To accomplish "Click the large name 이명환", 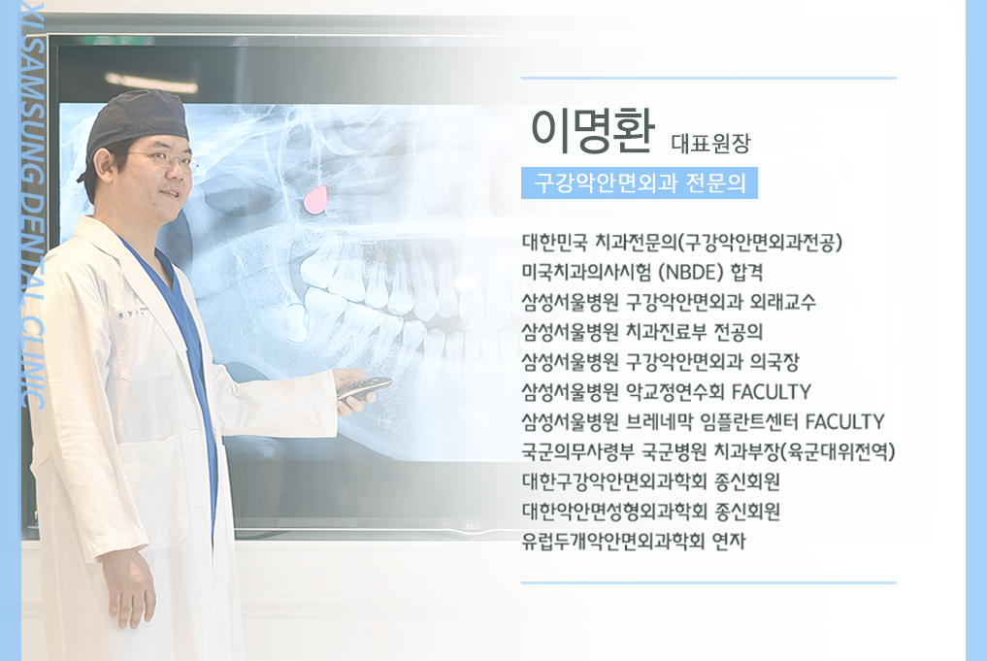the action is tap(592, 131).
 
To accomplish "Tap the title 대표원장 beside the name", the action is tap(710, 144).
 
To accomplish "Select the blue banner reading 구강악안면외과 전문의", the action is tap(639, 182).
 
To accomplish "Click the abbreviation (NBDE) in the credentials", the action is tap(691, 272).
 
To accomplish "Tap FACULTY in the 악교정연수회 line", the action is tap(772, 391).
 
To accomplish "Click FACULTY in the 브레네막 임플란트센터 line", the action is tap(844, 421).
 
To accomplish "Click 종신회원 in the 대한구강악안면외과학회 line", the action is tap(747, 481).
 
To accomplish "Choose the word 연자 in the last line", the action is tap(729, 541).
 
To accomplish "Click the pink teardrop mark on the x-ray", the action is tap(315, 200).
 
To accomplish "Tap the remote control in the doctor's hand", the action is tap(364, 386).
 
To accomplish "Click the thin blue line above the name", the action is tap(708, 78).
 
